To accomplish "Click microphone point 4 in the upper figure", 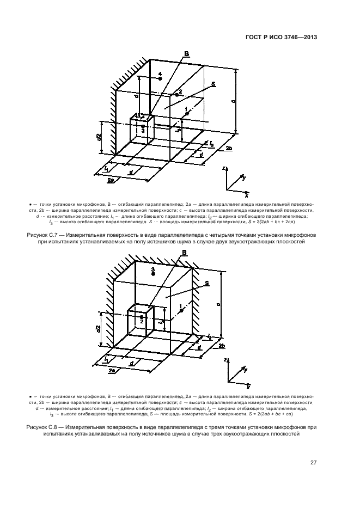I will pos(160,79).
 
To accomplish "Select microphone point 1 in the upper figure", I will pos(185,114).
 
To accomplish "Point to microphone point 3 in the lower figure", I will pos(154,274).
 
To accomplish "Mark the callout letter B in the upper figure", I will pos(186,53).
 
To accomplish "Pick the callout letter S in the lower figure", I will pos(208,284).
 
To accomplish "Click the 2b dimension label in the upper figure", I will pos(229,148).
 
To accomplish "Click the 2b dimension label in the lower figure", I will pos(223,346).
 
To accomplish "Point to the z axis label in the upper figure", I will pos(225,168).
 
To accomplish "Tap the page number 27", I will pos(314,463).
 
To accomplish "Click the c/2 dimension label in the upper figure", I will pos(99,138).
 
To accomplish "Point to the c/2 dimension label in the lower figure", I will pos(99,328).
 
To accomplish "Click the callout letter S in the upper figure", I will pos(214,84).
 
